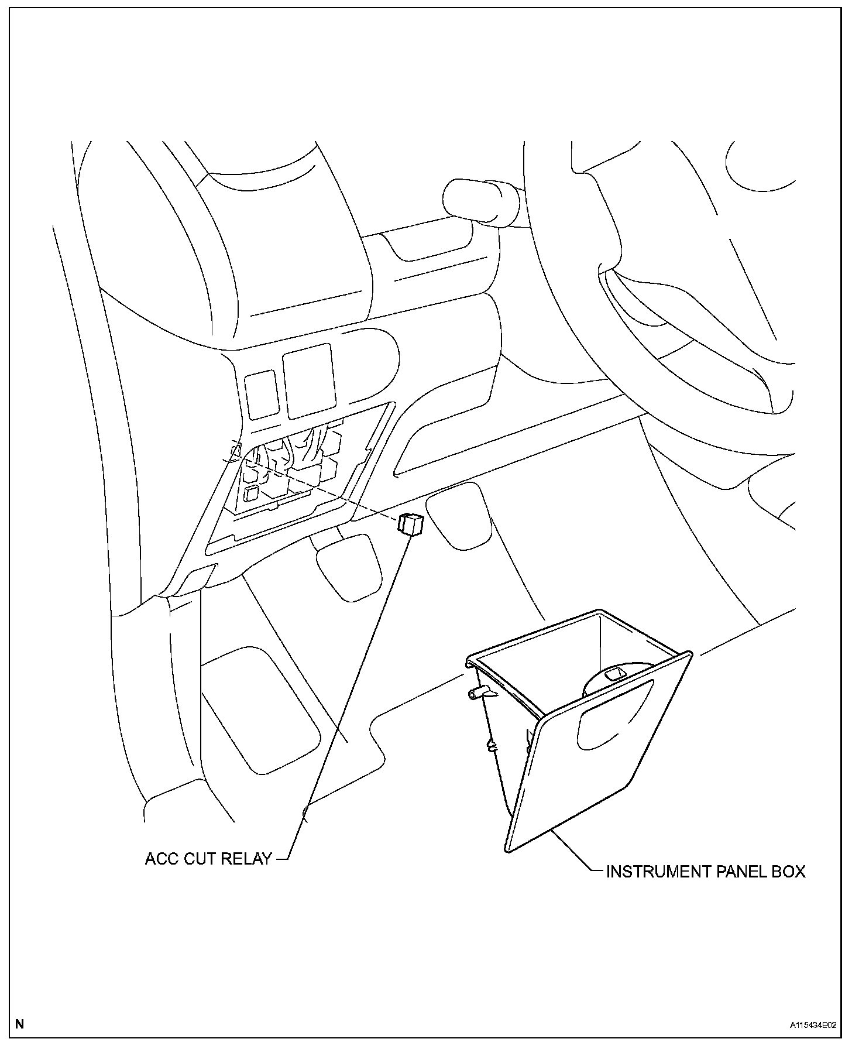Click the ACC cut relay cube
410,523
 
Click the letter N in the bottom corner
20,1024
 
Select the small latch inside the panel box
614,674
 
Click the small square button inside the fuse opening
253,493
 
